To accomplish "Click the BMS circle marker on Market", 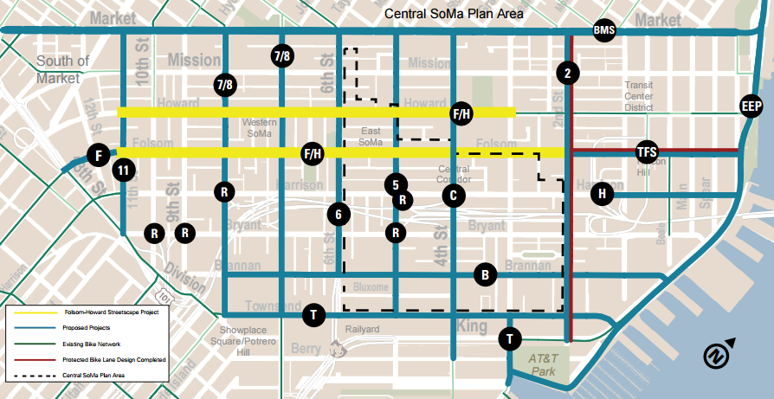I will click(x=603, y=31).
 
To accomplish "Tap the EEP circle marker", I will click(x=751, y=106).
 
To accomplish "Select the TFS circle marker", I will click(x=647, y=151).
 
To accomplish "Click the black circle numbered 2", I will click(x=567, y=74).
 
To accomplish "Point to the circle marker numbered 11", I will click(x=123, y=171).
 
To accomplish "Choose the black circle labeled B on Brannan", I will click(x=486, y=275).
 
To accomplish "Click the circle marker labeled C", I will click(x=451, y=195).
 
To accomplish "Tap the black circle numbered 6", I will click(x=339, y=214).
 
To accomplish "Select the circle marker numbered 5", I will click(x=395, y=183).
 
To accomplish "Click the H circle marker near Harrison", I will click(x=602, y=194).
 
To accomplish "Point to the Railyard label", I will click(x=362, y=330).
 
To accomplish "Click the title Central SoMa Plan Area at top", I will click(x=455, y=13).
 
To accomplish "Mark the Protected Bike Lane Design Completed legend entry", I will click(x=113, y=359).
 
